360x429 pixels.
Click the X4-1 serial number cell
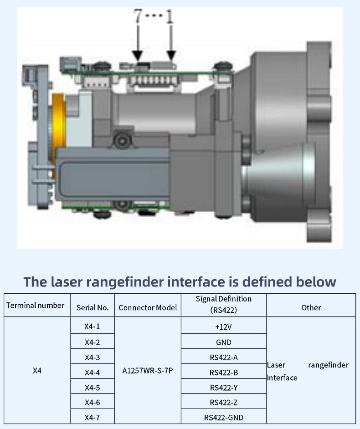[92, 327]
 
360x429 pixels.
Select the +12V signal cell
[223, 327]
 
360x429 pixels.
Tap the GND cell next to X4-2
[223, 342]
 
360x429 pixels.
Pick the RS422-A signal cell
[223, 357]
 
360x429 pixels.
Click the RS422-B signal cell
[223, 372]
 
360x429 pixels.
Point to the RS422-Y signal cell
[223, 388]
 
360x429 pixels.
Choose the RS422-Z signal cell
[223, 403]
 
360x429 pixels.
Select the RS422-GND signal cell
[223, 418]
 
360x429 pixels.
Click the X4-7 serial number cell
[92, 418]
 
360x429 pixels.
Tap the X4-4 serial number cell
[92, 372]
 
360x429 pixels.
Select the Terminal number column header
[35, 306]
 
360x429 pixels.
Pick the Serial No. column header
[93, 308]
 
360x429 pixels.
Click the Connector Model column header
[148, 308]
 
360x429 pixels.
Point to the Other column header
[311, 308]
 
